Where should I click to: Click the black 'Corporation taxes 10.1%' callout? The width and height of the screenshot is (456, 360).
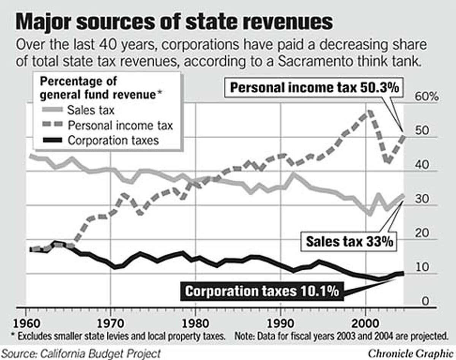pos(261,292)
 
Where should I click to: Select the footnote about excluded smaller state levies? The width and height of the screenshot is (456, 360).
pos(120,336)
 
